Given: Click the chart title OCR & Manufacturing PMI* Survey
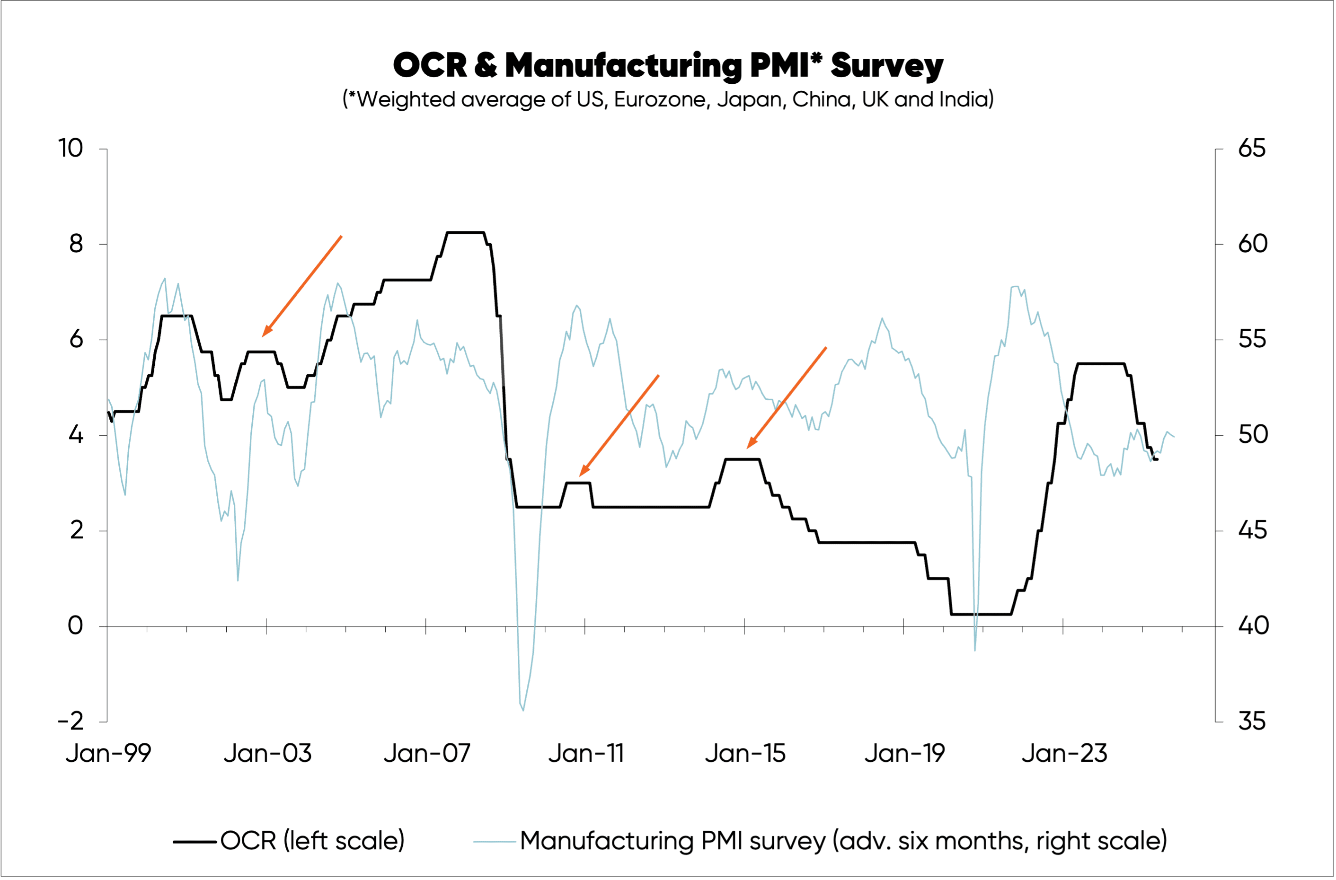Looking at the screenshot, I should pyautogui.click(x=668, y=65).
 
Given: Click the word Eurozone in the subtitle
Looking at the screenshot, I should pyautogui.click(x=660, y=100).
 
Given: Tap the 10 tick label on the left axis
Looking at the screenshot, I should pyautogui.click(x=71, y=149).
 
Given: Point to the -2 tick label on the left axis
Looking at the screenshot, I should pyautogui.click(x=71, y=721).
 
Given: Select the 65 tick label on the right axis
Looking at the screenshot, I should pyautogui.click(x=1252, y=149).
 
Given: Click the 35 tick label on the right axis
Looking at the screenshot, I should pyautogui.click(x=1252, y=721).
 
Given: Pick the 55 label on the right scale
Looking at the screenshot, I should pyautogui.click(x=1252, y=340).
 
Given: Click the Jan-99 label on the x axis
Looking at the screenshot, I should pyautogui.click(x=108, y=754).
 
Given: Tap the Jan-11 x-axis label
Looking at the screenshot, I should pyautogui.click(x=586, y=754).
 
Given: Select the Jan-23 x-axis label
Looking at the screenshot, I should pyautogui.click(x=1064, y=754).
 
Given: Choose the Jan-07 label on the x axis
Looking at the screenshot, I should pyautogui.click(x=426, y=754).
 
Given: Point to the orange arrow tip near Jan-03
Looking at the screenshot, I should pyautogui.click(x=263, y=335).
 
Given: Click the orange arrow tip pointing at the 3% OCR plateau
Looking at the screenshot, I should pyautogui.click(x=580, y=475).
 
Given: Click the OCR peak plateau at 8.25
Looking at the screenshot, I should pyautogui.click(x=465, y=232).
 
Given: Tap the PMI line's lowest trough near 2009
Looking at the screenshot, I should pyautogui.click(x=523, y=710).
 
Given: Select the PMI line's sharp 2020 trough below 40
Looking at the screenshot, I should pyautogui.click(x=975, y=650).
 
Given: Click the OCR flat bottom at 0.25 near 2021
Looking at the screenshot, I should pyautogui.click(x=981, y=614).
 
